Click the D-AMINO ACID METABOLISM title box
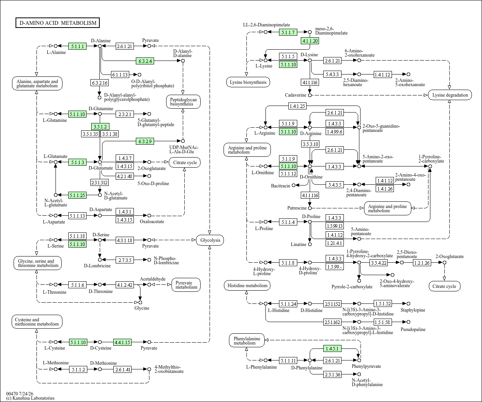tap(58, 23)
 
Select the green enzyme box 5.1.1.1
tap(78, 46)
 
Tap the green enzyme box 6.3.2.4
tap(145, 61)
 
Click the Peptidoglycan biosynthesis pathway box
tap(183, 102)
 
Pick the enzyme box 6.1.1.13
tap(120, 75)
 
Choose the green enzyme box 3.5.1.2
tap(100, 127)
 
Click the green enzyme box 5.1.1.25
tap(78, 195)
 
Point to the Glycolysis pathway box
tap(210, 240)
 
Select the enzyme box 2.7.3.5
tap(125, 260)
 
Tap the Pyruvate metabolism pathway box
tap(186, 285)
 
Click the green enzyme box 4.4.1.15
tap(122, 342)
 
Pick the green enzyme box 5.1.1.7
tap(288, 32)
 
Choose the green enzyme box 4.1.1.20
tap(310, 41)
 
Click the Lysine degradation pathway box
tap(450, 95)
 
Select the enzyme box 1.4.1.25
tap(297, 106)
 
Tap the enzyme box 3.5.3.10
tap(310, 144)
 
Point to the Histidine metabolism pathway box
tap(247, 286)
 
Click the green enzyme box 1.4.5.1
tap(332, 348)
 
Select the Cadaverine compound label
tap(295, 95)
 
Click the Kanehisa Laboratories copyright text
tap(31, 398)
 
